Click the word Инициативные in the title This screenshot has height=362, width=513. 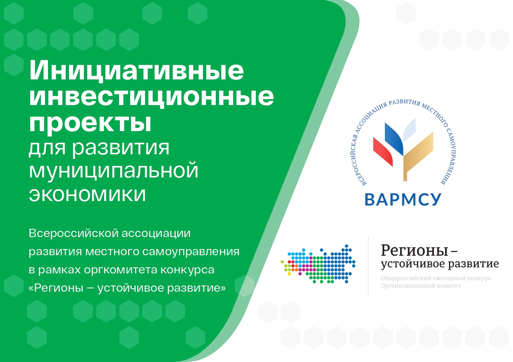[136, 70]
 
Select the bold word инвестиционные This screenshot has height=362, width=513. [151, 96]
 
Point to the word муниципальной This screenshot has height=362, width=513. [113, 170]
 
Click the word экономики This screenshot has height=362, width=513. [87, 194]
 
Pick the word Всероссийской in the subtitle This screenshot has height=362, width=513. [74, 233]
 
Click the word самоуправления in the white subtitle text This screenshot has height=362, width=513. [191, 252]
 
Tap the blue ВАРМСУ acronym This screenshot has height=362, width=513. [403, 200]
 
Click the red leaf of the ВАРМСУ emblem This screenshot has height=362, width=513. [382, 152]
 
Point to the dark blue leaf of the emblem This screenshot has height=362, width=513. [394, 139]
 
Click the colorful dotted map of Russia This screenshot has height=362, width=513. [318, 264]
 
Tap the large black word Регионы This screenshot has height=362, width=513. [414, 251]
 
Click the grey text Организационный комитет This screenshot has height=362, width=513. [421, 286]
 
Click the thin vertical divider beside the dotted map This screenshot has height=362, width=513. [368, 266]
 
